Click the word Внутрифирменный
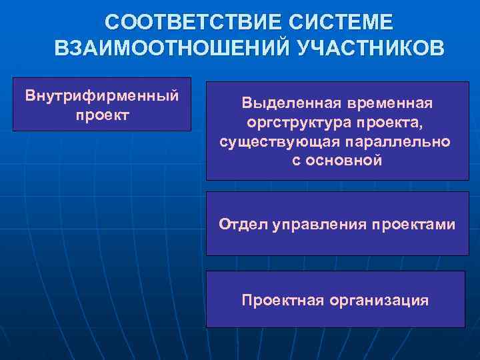tap(102, 95)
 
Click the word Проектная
tap(281, 300)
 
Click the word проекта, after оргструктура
tap(394, 123)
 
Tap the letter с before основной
tap(296, 161)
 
